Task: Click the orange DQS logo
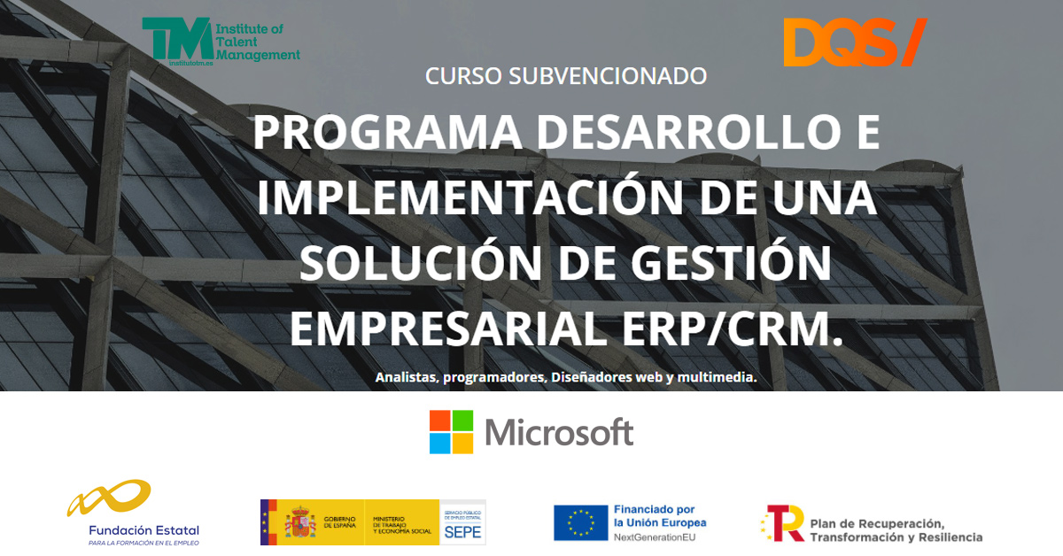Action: (x=854, y=42)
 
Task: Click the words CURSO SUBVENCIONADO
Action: (x=566, y=76)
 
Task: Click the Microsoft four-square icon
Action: (x=451, y=432)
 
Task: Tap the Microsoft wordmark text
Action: (x=559, y=433)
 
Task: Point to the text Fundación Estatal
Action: (x=144, y=529)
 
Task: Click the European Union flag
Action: (x=580, y=522)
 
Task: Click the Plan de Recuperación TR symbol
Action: (x=784, y=522)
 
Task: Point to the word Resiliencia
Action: (x=949, y=537)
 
